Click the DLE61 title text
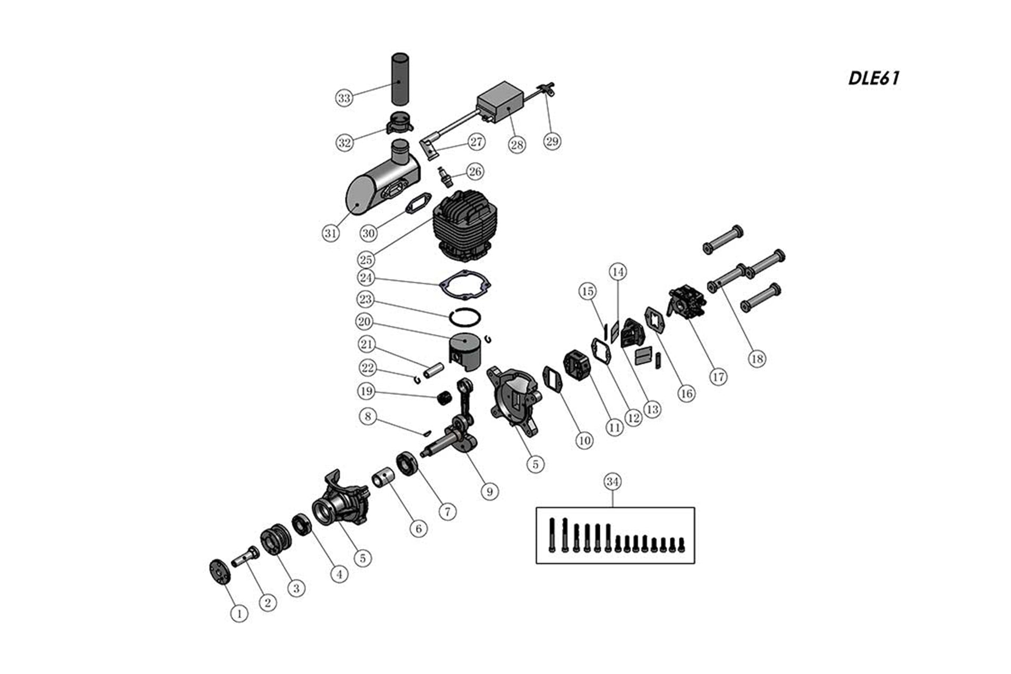[x=874, y=78]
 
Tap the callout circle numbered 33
[x=344, y=98]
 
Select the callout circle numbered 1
[x=239, y=613]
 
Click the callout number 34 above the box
[x=612, y=482]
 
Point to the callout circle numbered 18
[x=757, y=359]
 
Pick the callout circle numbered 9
[x=490, y=491]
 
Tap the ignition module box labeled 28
[x=500, y=103]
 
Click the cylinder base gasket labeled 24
[x=465, y=285]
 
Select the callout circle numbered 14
[x=618, y=272]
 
